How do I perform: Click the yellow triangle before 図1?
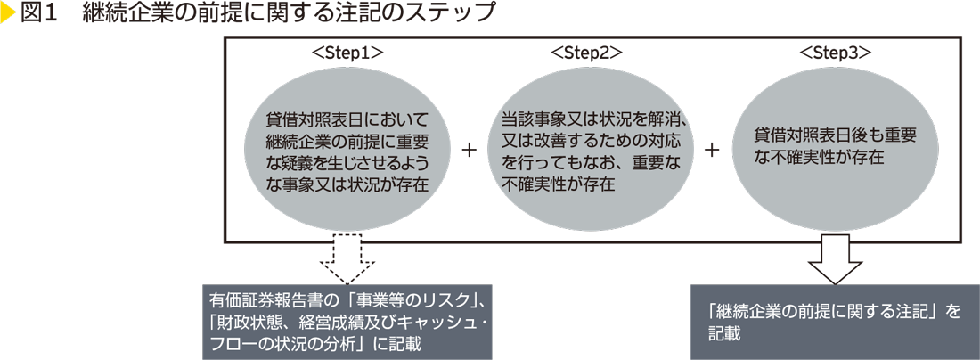[9, 14]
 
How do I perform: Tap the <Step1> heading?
[347, 53]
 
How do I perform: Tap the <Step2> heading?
[586, 53]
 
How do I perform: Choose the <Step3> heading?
[835, 53]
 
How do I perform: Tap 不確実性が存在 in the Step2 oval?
[554, 184]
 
